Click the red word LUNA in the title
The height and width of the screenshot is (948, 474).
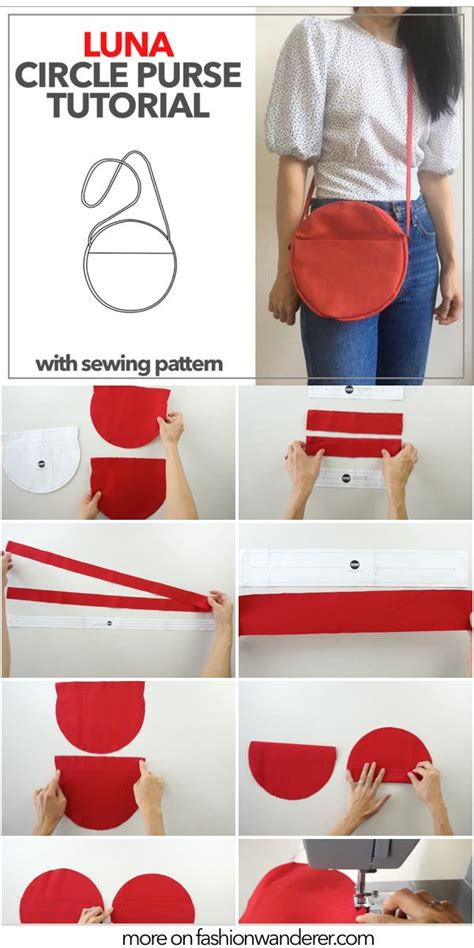(x=128, y=43)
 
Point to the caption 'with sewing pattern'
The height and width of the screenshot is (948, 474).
(x=129, y=363)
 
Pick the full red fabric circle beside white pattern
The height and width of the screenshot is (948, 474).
(x=130, y=414)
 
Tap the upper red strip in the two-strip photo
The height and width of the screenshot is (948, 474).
(x=354, y=421)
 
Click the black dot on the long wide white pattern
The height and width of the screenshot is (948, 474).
(x=354, y=565)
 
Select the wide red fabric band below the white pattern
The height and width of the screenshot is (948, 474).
(x=355, y=612)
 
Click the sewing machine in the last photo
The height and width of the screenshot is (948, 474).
(x=370, y=870)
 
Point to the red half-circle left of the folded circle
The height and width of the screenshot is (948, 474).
(x=291, y=770)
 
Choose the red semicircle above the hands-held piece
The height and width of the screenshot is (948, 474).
(x=100, y=716)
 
